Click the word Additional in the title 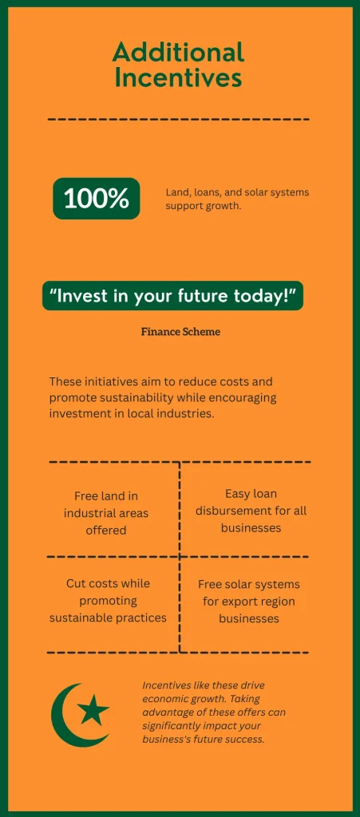tap(178, 53)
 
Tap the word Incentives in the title tap(178, 77)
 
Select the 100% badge tap(96, 199)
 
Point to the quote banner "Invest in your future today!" tap(172, 296)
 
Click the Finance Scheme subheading tap(180, 332)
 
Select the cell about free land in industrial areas tap(106, 512)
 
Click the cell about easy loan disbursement tap(251, 511)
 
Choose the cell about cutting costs tap(108, 600)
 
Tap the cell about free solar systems tap(249, 601)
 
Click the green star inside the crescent tap(94, 708)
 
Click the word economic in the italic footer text tap(168, 698)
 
